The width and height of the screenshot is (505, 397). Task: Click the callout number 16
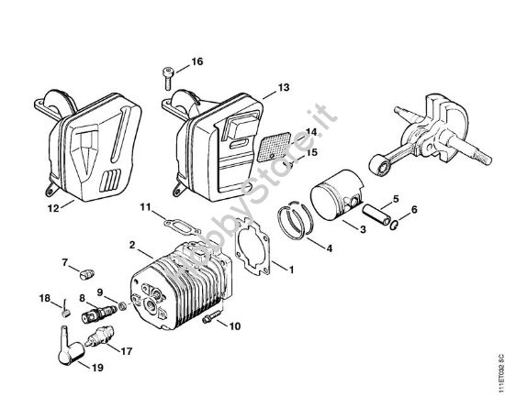197,61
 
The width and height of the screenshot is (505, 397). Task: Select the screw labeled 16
167,79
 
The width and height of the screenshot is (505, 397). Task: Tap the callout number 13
284,87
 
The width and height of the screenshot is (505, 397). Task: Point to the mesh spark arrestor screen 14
275,147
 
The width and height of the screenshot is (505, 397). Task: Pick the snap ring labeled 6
394,225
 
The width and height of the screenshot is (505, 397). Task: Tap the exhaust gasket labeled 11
182,226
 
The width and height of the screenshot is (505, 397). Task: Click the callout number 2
132,245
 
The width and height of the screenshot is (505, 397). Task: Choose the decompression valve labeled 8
99,314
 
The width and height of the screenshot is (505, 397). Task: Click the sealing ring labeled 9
122,306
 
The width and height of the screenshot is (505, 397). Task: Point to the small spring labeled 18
65,308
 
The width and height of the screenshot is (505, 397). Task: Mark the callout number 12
53,209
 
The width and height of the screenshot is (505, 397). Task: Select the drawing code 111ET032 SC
500,374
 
